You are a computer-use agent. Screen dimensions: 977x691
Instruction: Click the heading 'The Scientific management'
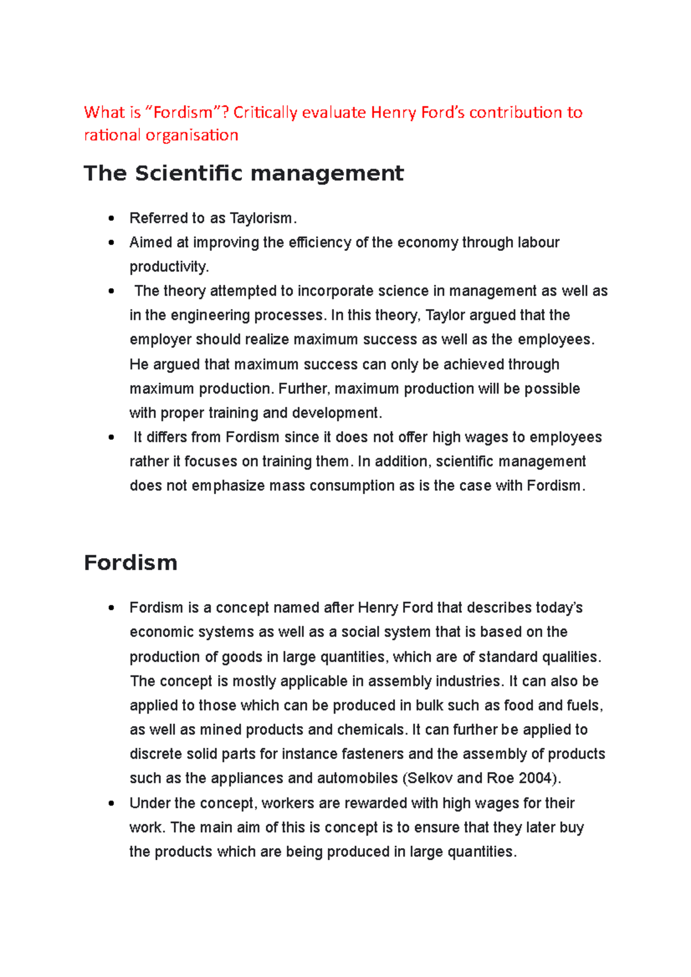(x=244, y=173)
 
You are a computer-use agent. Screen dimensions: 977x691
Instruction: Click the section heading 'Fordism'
(x=130, y=562)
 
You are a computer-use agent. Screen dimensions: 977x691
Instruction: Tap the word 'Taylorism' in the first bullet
(x=261, y=218)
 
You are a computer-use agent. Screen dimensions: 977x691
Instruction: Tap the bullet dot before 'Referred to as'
(x=111, y=219)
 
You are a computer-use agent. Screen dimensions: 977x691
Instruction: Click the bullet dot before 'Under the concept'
(x=111, y=803)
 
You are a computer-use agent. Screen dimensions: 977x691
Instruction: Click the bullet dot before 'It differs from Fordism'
(x=111, y=437)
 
